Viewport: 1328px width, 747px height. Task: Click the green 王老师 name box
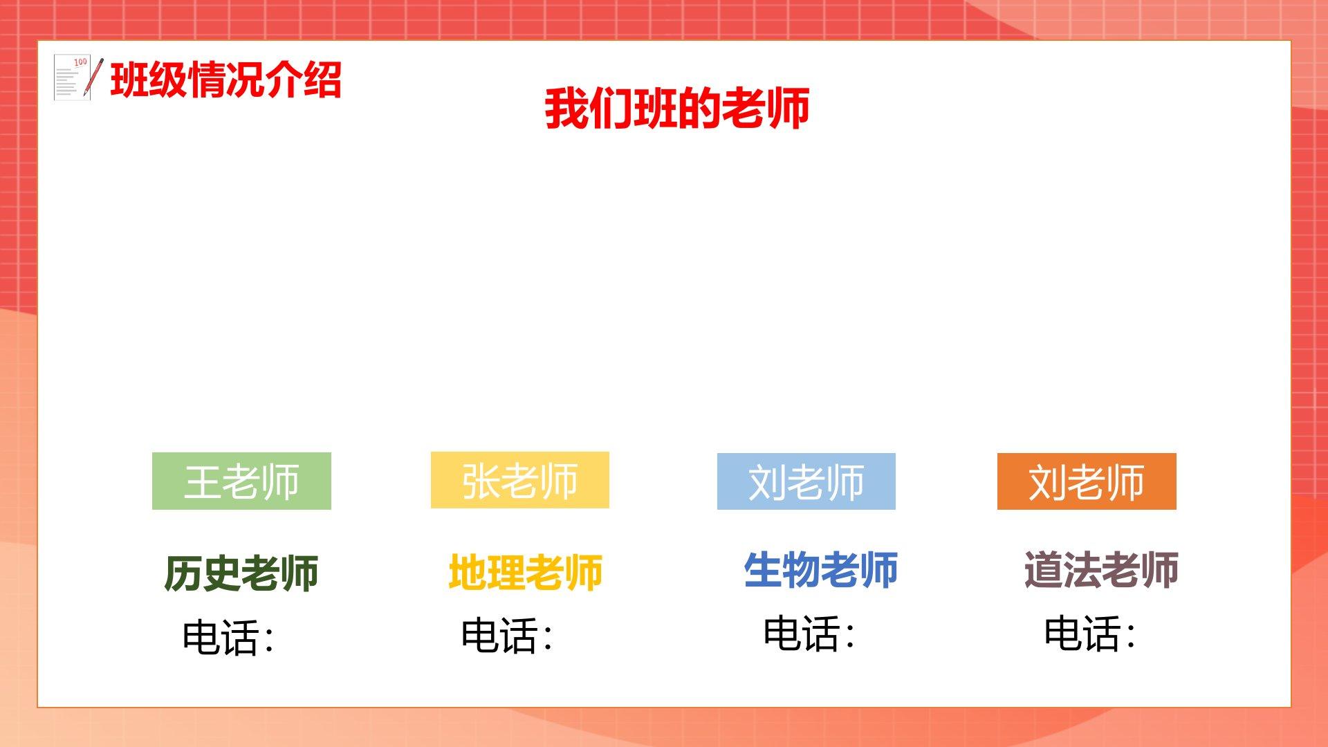tap(241, 481)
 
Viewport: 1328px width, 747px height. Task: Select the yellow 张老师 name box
tap(520, 480)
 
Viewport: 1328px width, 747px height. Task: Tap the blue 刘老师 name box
tap(806, 481)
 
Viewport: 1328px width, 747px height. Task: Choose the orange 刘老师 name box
tap(1087, 481)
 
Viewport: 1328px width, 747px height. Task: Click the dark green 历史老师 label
tap(241, 573)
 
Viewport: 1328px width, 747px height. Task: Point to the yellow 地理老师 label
tap(526, 572)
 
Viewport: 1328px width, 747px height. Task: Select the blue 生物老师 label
tap(821, 569)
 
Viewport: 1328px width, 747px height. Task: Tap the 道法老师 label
tap(1101, 569)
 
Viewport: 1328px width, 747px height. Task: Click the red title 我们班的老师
tap(677, 109)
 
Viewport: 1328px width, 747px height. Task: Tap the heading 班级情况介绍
tap(226, 80)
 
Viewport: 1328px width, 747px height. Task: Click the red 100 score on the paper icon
tap(80, 62)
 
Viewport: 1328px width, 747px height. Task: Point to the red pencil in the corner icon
tap(93, 77)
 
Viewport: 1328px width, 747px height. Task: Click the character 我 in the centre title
tap(566, 109)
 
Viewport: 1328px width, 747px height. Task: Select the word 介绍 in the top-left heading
tap(304, 80)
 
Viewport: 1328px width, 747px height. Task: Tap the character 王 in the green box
tap(202, 481)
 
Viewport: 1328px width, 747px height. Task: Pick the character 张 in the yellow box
tap(481, 480)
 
